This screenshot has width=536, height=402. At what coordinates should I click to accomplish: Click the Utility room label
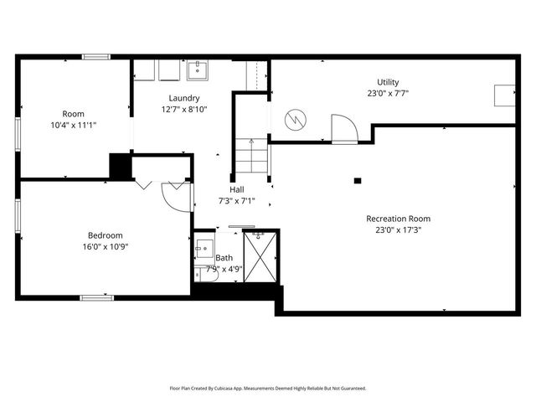[x=387, y=82]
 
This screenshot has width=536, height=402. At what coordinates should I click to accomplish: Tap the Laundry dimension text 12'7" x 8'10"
[x=183, y=109]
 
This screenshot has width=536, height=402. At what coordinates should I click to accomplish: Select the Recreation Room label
[x=404, y=219]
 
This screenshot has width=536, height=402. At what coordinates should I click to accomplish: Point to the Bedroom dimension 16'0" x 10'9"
[x=106, y=246]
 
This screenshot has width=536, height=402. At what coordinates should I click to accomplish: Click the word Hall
[x=236, y=190]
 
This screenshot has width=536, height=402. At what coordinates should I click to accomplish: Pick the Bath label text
[x=224, y=258]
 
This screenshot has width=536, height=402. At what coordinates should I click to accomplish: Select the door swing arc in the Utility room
[x=344, y=128]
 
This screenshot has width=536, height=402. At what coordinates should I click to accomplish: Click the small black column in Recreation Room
[x=358, y=180]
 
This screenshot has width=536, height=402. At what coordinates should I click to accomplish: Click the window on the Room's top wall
[x=95, y=57]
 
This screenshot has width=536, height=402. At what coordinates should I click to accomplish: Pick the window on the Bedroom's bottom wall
[x=96, y=297]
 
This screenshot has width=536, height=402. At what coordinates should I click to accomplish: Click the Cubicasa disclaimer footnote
[x=268, y=388]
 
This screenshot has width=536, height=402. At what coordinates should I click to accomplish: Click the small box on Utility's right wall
[x=504, y=95]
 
